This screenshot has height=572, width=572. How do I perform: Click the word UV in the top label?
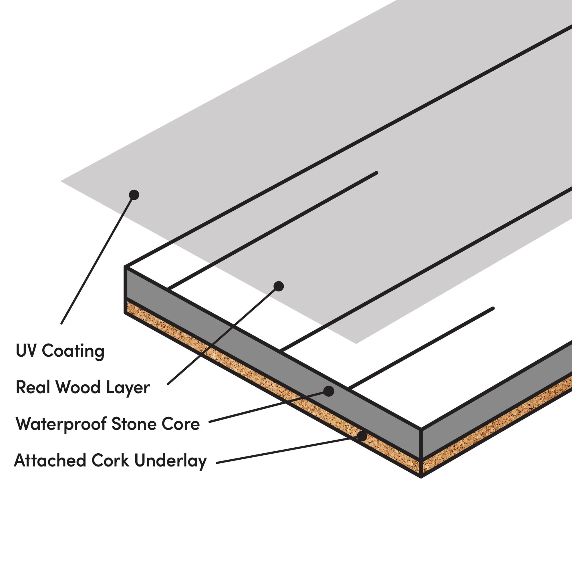click(26, 351)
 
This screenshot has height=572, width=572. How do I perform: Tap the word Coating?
click(73, 351)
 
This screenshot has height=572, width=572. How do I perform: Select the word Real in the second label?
click(33, 387)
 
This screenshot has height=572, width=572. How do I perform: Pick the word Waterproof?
click(61, 424)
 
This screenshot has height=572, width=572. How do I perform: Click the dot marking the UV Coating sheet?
click(134, 195)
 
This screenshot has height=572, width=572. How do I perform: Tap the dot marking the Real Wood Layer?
click(279, 286)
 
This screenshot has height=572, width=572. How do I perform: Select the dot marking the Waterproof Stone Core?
click(329, 391)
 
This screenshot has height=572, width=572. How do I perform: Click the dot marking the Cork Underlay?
click(362, 436)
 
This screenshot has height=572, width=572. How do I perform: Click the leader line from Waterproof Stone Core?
click(267, 407)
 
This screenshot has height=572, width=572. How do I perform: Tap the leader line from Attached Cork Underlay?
click(284, 451)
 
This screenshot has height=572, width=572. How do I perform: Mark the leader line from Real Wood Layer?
click(222, 336)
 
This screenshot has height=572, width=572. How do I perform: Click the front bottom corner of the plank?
click(421, 476)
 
